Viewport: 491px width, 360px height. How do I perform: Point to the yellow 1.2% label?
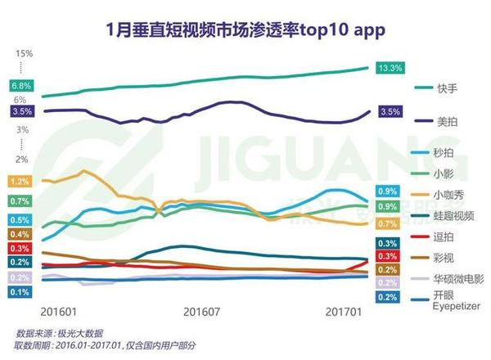(21, 181)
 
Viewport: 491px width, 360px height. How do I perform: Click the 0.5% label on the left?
(21, 220)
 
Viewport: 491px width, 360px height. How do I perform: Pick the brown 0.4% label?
(21, 235)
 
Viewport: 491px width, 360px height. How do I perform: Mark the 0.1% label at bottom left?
(21, 292)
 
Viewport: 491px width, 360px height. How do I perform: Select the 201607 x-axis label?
(202, 312)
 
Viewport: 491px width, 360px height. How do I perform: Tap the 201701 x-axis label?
(344, 312)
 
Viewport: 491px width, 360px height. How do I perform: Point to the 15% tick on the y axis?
(24, 53)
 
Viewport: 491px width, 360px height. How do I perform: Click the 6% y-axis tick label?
(20, 99)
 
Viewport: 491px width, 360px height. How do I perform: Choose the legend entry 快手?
(447, 88)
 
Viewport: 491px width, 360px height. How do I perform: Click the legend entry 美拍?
(447, 120)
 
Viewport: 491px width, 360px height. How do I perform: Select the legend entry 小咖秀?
(453, 194)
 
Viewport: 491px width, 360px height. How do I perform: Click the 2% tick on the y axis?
(21, 159)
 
